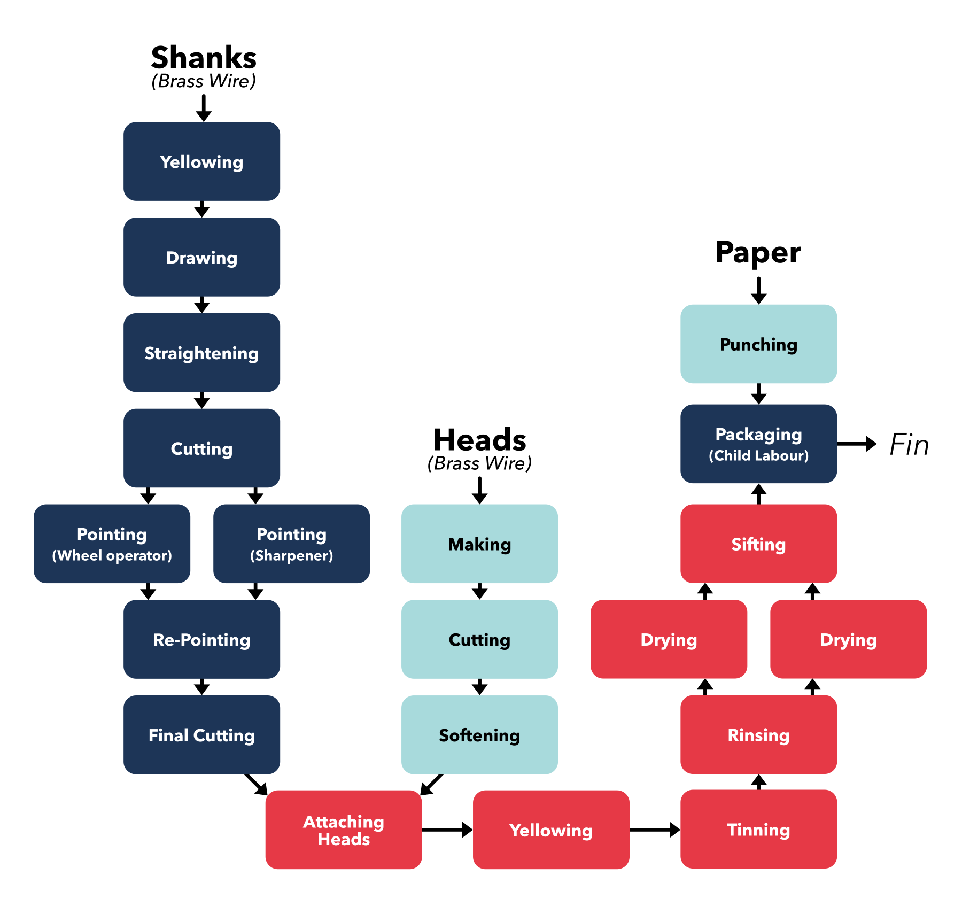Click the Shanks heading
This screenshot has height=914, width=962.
coord(204,58)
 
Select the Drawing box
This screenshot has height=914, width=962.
coord(201,257)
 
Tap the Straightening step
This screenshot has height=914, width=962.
coord(201,353)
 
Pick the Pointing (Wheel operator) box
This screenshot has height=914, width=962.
coord(112,544)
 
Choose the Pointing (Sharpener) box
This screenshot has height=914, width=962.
coord(291,544)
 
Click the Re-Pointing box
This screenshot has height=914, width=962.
coord(201,639)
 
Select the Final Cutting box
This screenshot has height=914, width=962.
coord(201,735)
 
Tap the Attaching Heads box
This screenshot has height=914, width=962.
coord(344,830)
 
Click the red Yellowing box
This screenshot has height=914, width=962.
coord(551,830)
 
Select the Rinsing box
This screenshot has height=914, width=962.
coord(758,735)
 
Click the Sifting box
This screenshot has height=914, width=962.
coord(758,544)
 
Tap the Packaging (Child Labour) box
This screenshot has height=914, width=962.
coord(758,444)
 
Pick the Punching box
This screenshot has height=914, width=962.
coord(758,344)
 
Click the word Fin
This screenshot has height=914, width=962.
coord(909,445)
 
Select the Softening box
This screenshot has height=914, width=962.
coord(479,735)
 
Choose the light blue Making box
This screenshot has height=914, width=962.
coord(479,544)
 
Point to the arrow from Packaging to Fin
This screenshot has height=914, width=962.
coord(856,444)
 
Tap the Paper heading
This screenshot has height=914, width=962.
coord(758,252)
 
